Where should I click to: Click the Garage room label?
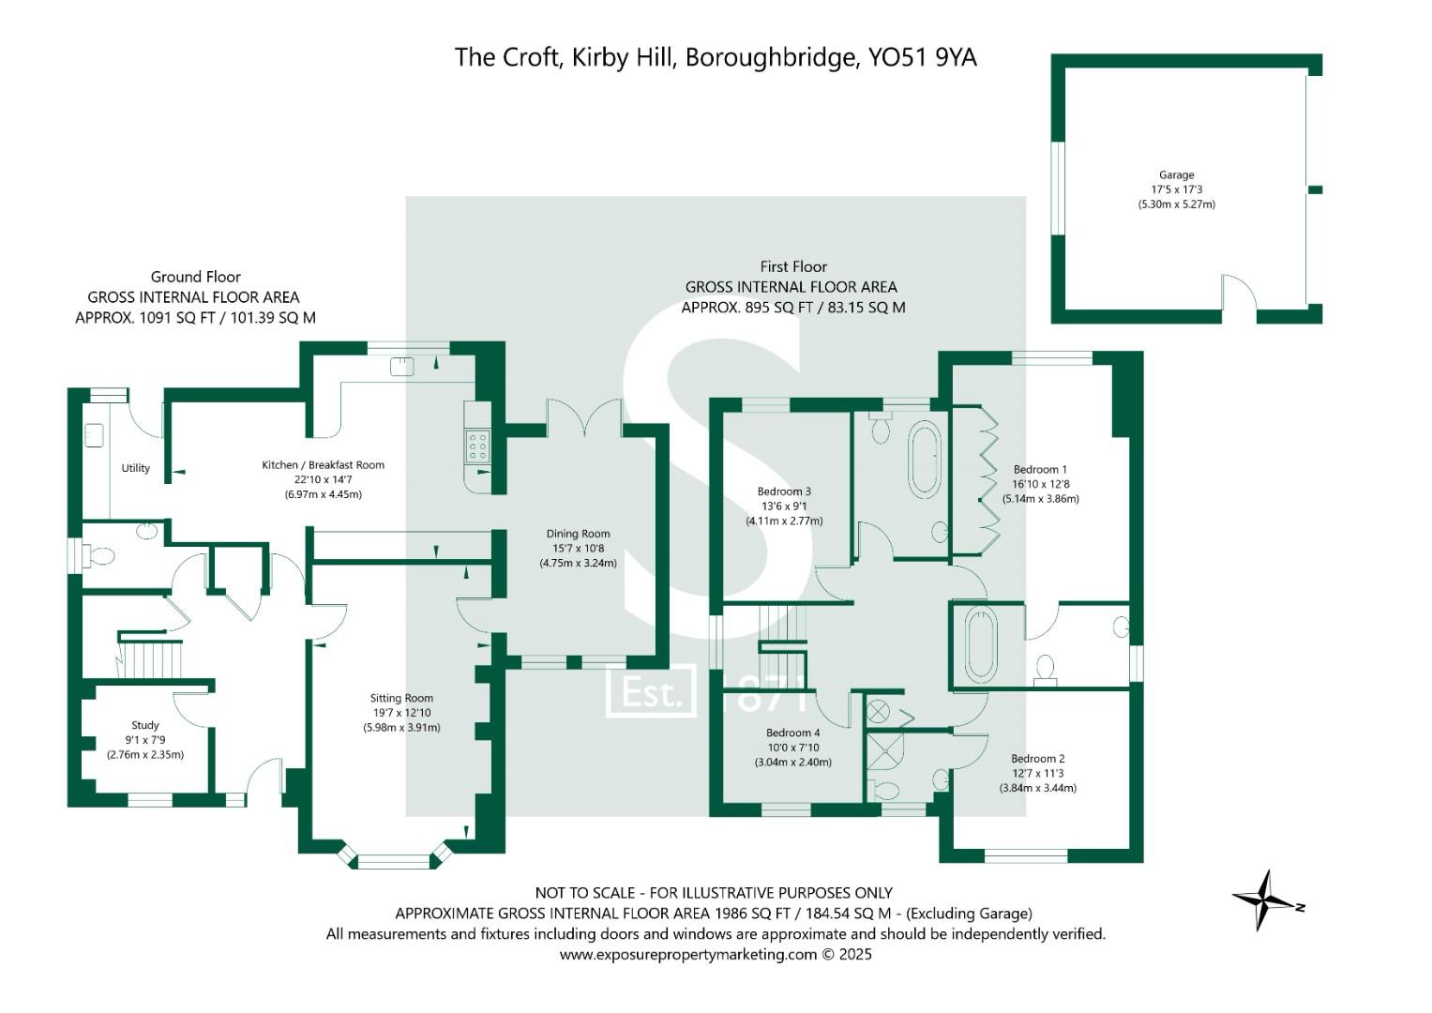click(1176, 175)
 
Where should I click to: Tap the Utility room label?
click(136, 468)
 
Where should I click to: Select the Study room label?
click(145, 725)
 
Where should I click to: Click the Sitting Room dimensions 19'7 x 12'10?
click(401, 713)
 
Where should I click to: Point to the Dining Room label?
click(578, 534)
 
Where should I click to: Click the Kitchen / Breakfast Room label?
click(323, 465)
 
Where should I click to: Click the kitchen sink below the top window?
click(402, 366)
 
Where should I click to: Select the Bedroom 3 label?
click(784, 491)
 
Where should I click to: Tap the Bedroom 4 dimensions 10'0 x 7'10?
click(792, 748)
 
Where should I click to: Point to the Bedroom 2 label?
click(1037, 759)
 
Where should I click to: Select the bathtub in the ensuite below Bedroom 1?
click(981, 645)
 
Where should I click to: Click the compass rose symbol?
click(1265, 900)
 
